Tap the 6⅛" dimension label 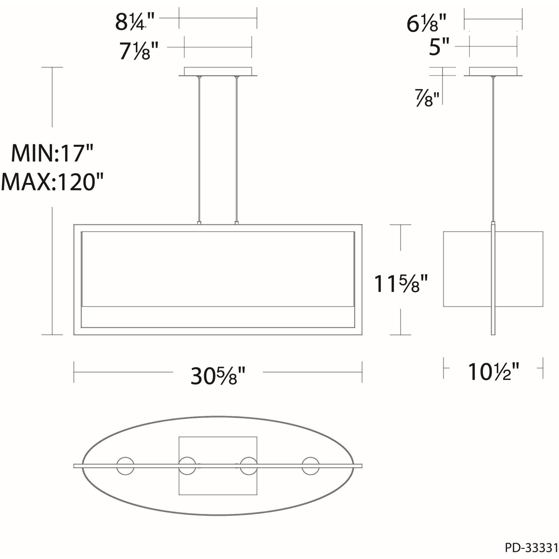(427, 24)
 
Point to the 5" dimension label (439, 47)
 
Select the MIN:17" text (52, 153)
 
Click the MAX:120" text (52, 182)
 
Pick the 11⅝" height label (401, 283)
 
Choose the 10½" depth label (494, 372)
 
